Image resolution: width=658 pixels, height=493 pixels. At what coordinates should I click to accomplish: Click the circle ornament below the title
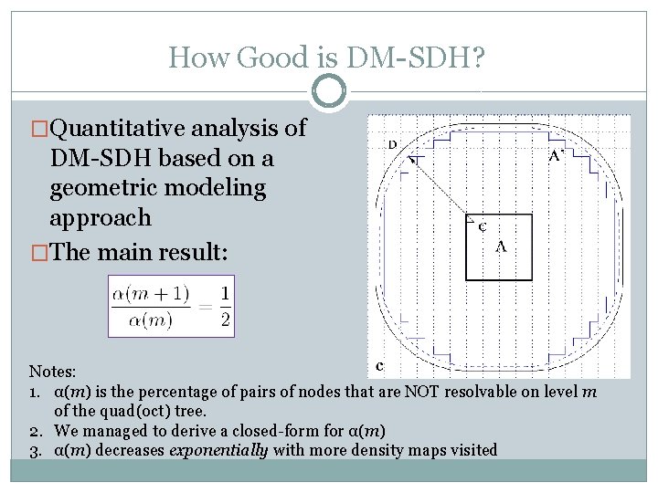tap(329, 91)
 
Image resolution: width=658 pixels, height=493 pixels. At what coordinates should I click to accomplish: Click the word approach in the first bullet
tap(100, 217)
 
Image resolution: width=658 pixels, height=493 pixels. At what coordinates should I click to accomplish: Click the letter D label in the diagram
tap(392, 144)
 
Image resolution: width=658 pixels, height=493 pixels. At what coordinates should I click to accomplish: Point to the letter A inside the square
tap(501, 246)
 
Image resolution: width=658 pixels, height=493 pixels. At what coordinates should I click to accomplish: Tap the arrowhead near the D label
tap(413, 161)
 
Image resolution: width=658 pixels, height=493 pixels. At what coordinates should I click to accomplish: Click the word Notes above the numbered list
tap(51, 372)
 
